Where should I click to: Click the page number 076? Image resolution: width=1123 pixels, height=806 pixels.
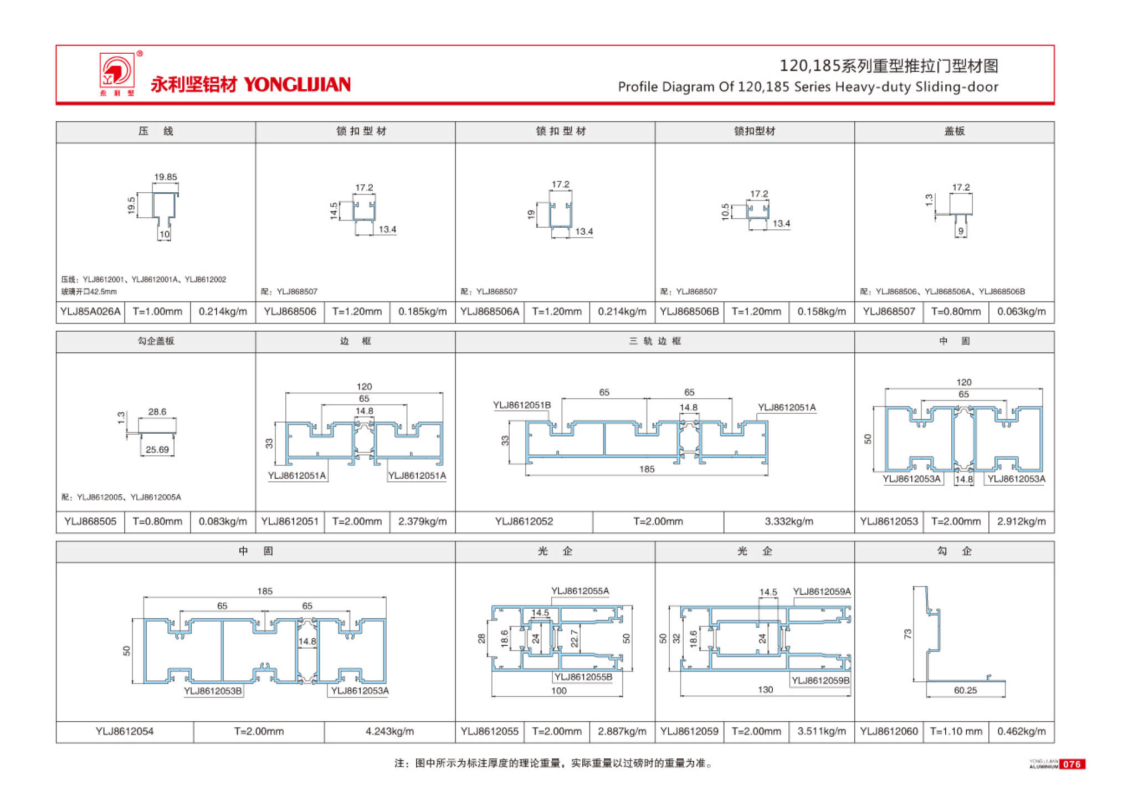pos(1071,764)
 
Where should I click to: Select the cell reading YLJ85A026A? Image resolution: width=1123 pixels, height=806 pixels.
pos(90,311)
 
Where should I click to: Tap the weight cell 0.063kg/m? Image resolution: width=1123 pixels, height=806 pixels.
pos(1021,311)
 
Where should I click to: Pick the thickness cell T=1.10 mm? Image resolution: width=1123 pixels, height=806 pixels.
pos(956,731)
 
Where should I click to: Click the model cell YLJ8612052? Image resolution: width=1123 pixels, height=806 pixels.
pos(524,521)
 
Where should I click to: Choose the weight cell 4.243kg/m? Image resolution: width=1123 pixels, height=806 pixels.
pos(389,731)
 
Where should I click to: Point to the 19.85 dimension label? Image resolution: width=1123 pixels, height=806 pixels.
pos(165,177)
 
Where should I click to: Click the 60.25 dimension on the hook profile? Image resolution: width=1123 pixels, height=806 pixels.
pos(965,690)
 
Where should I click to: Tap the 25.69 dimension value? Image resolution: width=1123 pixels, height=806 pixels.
pos(157,450)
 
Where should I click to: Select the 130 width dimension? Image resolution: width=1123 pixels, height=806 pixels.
pos(765,690)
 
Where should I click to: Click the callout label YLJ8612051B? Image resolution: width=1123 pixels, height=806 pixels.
pos(522,405)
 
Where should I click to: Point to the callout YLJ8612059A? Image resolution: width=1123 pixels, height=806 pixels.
pos(822,592)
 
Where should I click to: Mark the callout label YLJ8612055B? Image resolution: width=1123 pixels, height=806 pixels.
pos(583,677)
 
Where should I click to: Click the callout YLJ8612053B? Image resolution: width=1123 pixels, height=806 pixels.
pos(213,691)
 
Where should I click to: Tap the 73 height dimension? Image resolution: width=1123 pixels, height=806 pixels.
pos(907,634)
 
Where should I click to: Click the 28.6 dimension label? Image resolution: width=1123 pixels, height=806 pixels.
pos(157,412)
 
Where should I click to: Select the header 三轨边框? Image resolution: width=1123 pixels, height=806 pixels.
pos(655,341)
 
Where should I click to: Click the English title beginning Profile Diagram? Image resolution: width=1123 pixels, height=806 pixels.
pos(808,87)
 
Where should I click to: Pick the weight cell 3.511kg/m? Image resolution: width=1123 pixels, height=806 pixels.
pos(821,731)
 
